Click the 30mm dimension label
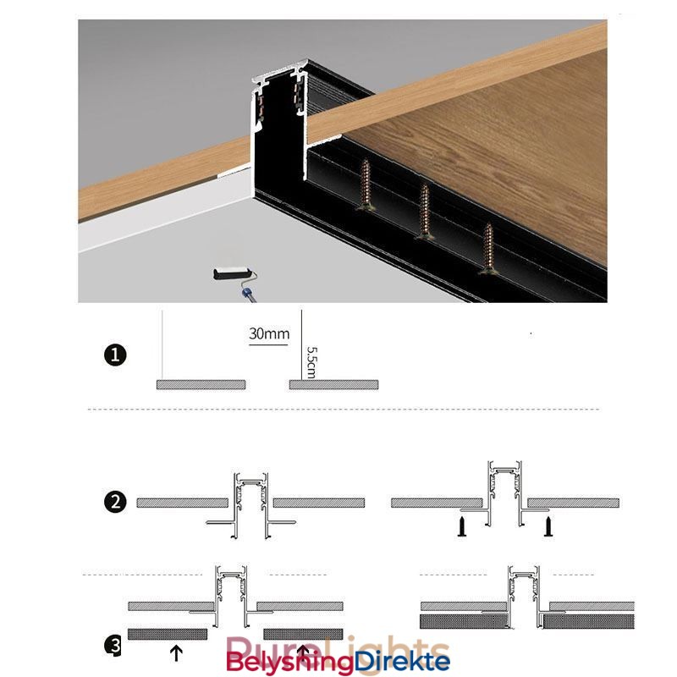pos(268,333)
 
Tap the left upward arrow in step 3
pos(176,652)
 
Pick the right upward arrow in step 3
pos(302,652)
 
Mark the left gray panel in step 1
pos(201,384)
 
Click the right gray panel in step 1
pos(333,384)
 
